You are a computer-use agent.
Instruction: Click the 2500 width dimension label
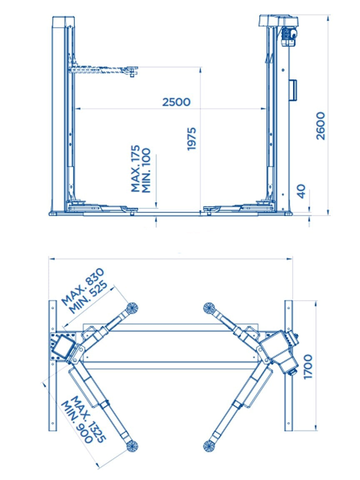(x=176, y=102)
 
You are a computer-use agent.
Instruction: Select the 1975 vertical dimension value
(x=192, y=138)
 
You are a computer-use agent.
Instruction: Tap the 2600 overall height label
(x=320, y=125)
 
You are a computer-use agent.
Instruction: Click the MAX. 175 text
(x=136, y=169)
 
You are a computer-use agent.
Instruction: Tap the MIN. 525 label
(x=89, y=297)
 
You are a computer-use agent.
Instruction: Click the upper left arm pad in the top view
(x=132, y=308)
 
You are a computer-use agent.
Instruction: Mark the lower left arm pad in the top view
(x=132, y=446)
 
